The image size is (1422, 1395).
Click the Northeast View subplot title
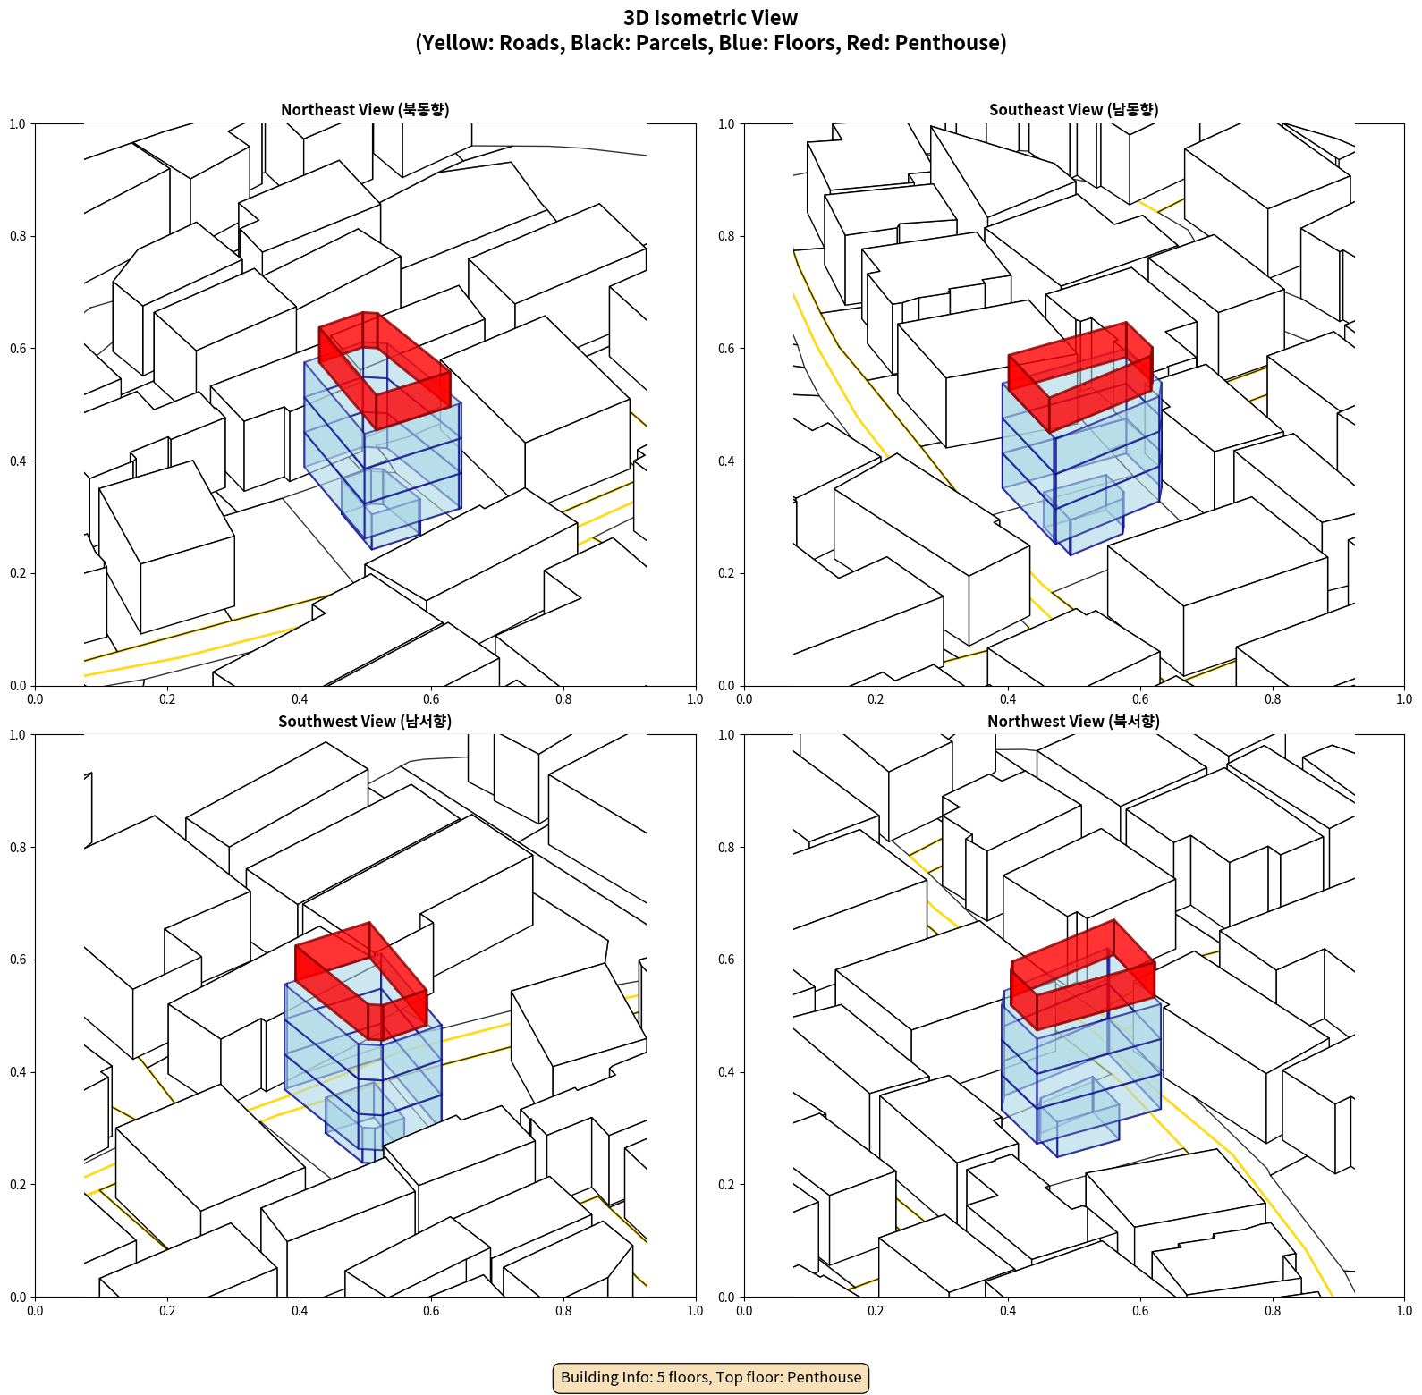coord(365,110)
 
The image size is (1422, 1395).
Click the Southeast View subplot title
coord(1073,110)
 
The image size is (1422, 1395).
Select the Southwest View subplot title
coord(365,722)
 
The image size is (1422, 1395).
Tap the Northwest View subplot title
coord(1073,722)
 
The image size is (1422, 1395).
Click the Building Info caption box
coord(711,1377)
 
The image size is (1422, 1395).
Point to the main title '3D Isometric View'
coord(711,18)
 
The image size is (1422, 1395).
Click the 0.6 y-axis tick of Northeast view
coord(17,349)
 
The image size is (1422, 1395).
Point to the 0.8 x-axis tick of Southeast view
coord(1273,699)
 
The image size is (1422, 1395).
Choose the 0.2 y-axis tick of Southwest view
coord(17,1185)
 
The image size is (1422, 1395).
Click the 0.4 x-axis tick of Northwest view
coord(1008,1311)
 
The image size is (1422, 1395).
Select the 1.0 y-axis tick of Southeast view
coord(726,124)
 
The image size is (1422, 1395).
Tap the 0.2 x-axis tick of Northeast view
coord(167,699)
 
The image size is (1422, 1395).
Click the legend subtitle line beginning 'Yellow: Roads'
coord(711,43)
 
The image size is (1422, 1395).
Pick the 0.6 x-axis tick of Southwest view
coord(431,1311)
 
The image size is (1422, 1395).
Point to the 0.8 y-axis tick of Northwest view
coord(726,848)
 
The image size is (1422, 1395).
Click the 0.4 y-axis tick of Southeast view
coord(726,461)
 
